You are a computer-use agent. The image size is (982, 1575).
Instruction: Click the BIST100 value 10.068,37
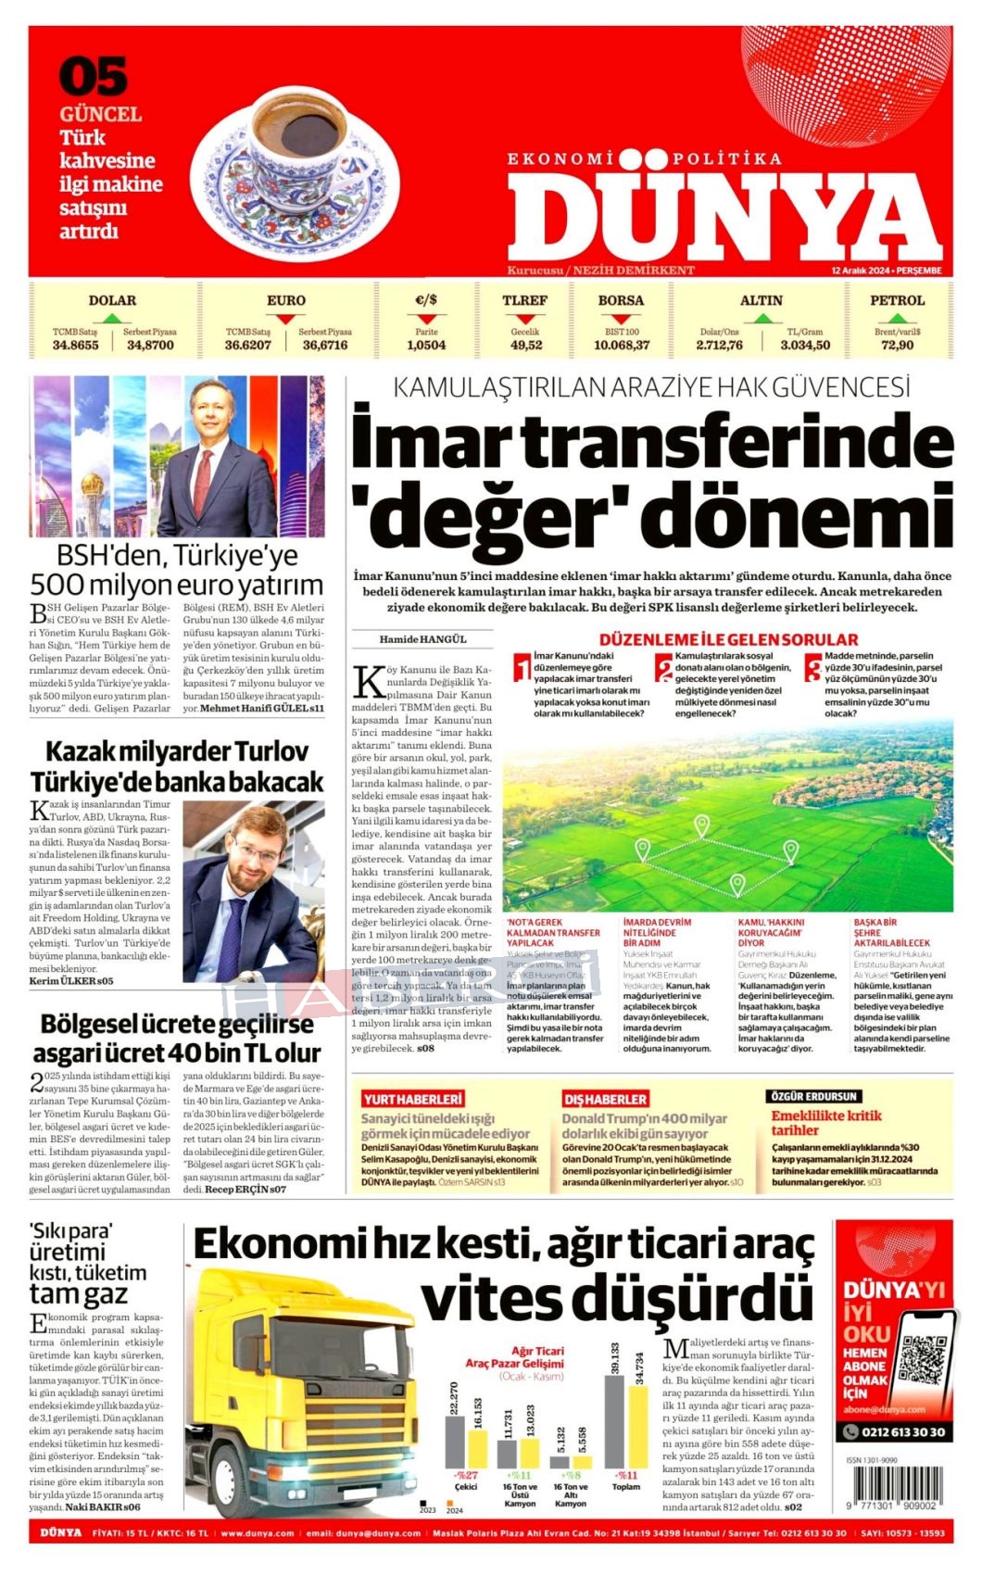coord(621,346)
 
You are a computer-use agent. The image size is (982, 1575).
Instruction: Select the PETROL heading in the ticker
coord(896,300)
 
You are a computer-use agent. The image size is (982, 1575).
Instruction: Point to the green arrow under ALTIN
coord(761,318)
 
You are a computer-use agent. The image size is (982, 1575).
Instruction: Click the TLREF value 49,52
coord(525,346)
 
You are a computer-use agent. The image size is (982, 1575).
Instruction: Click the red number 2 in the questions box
coord(663,668)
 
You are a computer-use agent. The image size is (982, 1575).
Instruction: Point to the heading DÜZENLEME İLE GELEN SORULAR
coord(728,639)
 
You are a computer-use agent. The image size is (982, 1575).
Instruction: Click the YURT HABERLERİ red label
coord(411,1099)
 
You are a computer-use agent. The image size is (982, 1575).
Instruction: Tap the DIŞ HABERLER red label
coord(604,1099)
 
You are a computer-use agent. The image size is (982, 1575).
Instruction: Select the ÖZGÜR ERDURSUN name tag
coord(814,1096)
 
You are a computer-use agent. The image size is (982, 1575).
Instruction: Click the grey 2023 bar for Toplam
coord(614,1421)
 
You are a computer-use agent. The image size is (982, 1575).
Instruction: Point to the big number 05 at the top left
coord(94,77)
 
